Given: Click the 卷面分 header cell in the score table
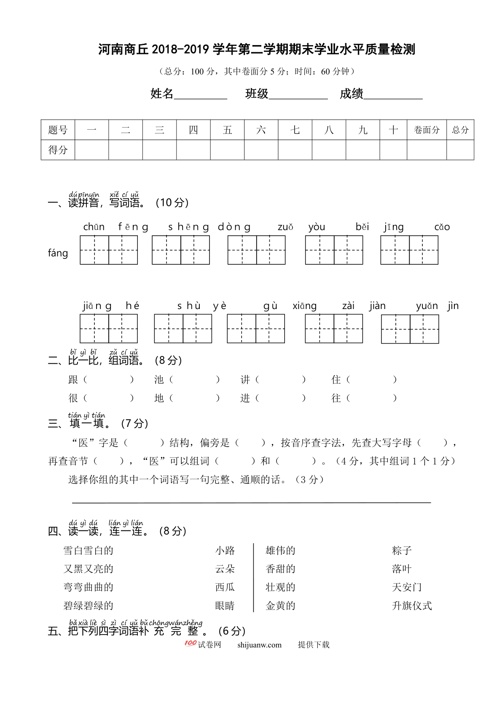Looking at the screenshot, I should pyautogui.click(x=427, y=130).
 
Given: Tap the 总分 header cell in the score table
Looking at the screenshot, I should pyautogui.click(x=460, y=130).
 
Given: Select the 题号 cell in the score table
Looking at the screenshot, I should pyautogui.click(x=58, y=130).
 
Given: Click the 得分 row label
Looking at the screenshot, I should pyautogui.click(x=58, y=150).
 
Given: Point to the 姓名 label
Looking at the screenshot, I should pyautogui.click(x=162, y=93).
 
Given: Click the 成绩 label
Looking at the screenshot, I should pyautogui.click(x=352, y=93).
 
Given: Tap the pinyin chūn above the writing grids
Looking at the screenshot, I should pyautogui.click(x=94, y=227).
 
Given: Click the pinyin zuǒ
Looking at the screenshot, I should pyautogui.click(x=285, y=227).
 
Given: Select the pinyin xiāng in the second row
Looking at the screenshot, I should pyautogui.click(x=304, y=306).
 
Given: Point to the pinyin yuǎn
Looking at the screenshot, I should pyautogui.click(x=427, y=306).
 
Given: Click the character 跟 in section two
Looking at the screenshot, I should pyautogui.click(x=73, y=380).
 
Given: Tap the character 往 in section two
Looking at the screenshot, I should pyautogui.click(x=336, y=398).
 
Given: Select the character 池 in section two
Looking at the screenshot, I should pyautogui.click(x=159, y=380).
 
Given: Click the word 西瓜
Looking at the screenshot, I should pyautogui.click(x=225, y=587).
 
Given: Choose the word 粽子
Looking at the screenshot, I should pyautogui.click(x=402, y=550).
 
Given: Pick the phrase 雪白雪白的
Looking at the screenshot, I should pyautogui.click(x=89, y=550).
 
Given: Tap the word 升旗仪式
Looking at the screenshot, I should pyautogui.click(x=412, y=606).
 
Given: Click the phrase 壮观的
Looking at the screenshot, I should pyautogui.click(x=280, y=587).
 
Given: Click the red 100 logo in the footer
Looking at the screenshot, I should pyautogui.click(x=191, y=643).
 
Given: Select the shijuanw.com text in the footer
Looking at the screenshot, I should pyautogui.click(x=259, y=645).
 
